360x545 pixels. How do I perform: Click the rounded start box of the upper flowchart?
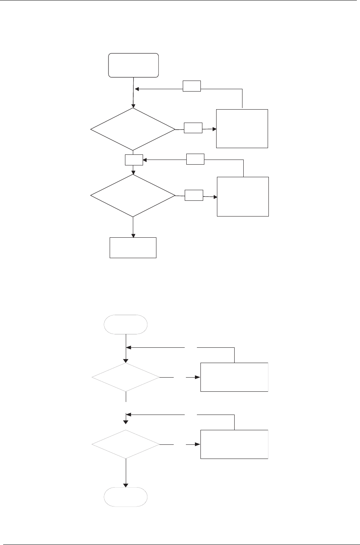click(134, 65)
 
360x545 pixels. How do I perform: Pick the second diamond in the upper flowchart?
click(133, 195)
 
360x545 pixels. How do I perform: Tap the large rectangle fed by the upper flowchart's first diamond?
click(242, 128)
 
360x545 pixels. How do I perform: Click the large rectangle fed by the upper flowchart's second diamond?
click(243, 196)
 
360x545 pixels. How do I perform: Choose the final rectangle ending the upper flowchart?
click(133, 248)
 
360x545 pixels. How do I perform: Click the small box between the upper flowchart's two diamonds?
click(134, 160)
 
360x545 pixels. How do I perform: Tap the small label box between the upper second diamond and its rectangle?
click(194, 195)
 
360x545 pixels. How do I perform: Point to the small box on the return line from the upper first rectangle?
click(192, 86)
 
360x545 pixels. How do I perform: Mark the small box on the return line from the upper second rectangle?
click(195, 159)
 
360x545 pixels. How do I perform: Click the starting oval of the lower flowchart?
click(126, 324)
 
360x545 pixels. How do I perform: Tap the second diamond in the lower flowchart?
click(126, 444)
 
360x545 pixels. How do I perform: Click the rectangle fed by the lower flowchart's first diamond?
click(234, 377)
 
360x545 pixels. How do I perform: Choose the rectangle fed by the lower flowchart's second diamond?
click(234, 444)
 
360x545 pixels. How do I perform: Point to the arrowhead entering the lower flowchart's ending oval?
click(126, 485)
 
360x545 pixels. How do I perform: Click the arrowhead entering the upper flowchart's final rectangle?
click(133, 236)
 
